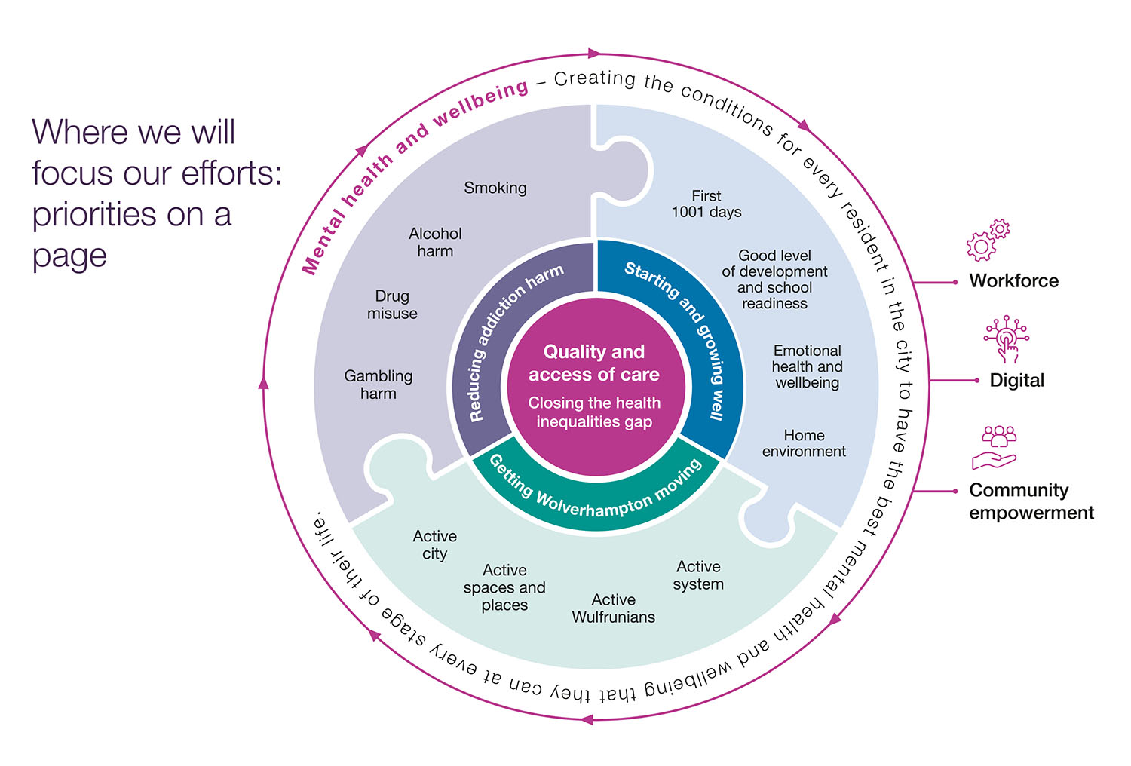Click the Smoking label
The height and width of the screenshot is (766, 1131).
point(495,188)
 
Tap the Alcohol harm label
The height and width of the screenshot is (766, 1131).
point(435,242)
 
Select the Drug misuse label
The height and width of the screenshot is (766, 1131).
point(392,305)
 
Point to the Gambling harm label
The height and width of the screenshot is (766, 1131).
point(378,385)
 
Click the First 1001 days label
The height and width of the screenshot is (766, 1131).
point(706,204)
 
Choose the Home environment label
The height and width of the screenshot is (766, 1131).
point(804,443)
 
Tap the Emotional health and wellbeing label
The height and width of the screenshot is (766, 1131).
point(807,366)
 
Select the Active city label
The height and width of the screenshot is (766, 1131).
point(434,544)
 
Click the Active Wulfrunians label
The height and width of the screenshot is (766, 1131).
point(613,608)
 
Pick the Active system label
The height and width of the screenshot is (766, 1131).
point(698,575)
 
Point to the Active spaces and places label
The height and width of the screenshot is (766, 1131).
point(504,587)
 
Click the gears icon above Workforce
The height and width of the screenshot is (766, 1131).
point(988,241)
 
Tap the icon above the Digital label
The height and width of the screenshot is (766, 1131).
point(1006,339)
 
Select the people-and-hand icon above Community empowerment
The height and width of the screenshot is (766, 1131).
point(996,447)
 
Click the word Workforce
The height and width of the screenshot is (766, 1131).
point(1013,281)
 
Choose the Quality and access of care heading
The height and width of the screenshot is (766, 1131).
point(594,363)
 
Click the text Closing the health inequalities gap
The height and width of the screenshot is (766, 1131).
point(594,412)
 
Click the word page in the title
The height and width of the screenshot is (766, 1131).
point(69,256)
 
